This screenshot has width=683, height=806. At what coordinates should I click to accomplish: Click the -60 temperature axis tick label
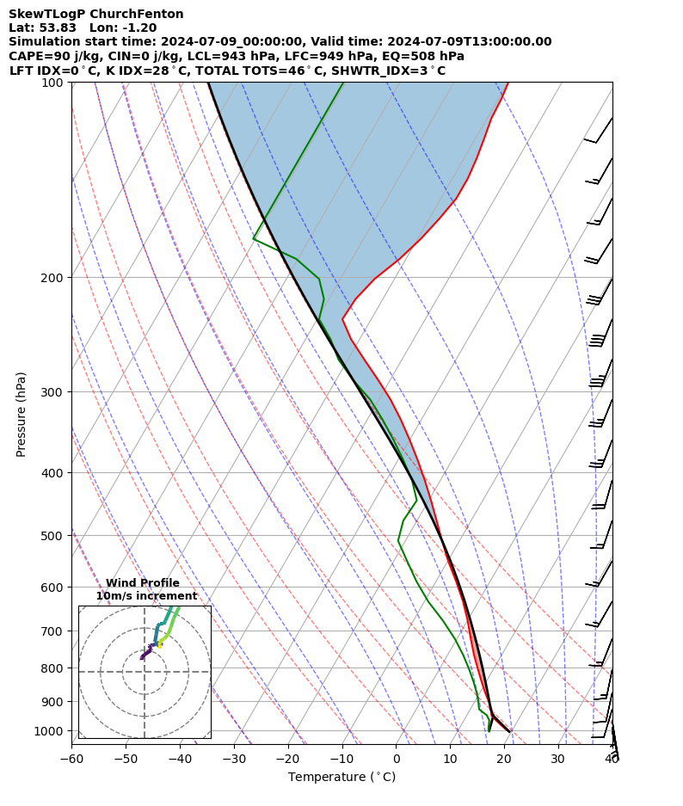[71, 759]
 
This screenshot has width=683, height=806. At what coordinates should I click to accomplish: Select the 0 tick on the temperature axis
[396, 759]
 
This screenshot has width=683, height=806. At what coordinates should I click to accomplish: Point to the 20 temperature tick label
[504, 759]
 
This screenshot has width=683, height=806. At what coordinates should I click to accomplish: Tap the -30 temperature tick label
[234, 759]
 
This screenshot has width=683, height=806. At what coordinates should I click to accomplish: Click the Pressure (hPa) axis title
[22, 414]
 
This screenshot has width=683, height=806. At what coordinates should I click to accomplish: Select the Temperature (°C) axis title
[341, 778]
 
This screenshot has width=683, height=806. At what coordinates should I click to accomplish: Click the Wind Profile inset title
[143, 583]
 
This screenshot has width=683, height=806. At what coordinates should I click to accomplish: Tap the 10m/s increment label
[146, 596]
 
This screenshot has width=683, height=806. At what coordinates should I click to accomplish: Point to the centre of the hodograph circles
[145, 672]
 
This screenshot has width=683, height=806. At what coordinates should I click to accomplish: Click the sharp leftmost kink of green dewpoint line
[253, 238]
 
